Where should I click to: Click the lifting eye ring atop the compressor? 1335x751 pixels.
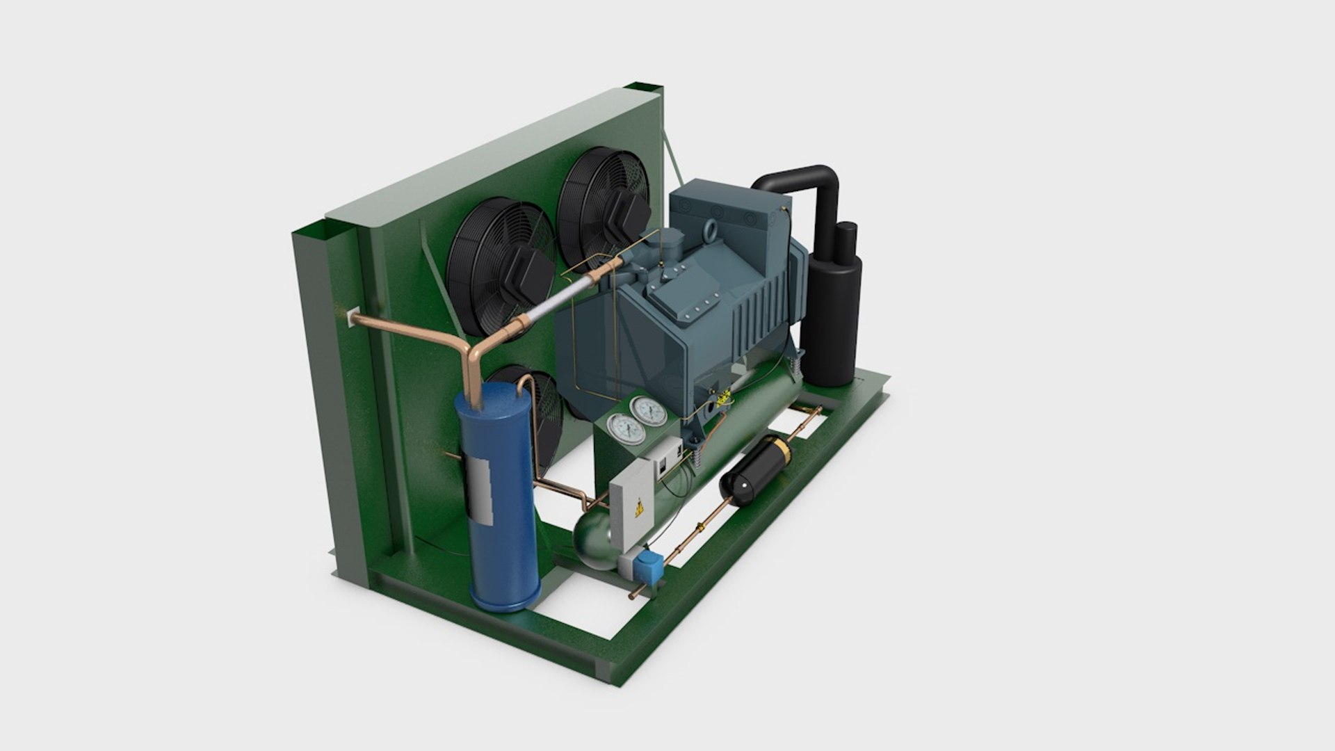tap(714, 228)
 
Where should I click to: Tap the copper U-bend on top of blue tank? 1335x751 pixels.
tap(526, 382)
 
